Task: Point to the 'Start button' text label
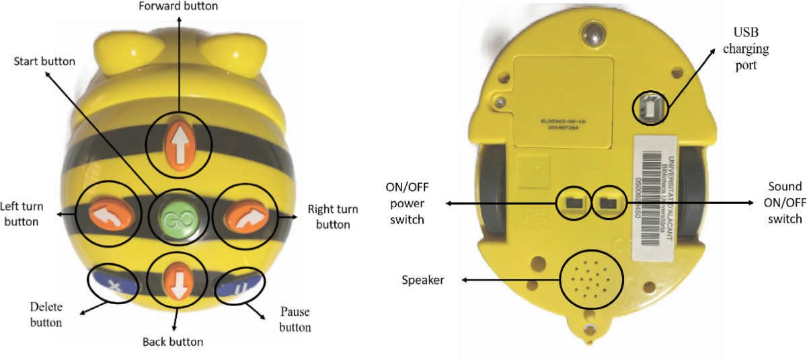45,62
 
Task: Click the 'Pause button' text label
295,320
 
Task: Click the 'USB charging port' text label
750,49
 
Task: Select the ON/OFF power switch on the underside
574,202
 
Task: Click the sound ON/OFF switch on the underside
609,202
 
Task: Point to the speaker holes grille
590,277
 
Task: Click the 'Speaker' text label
422,280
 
